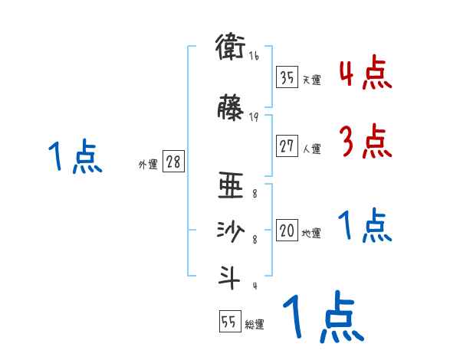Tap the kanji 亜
click(x=231, y=188)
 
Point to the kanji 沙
click(x=231, y=232)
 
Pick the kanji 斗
click(x=231, y=277)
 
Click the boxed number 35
click(x=287, y=77)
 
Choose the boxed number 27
click(x=287, y=145)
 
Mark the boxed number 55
click(x=229, y=322)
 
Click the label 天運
click(x=312, y=80)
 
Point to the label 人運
click(x=312, y=147)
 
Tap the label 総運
click(x=255, y=325)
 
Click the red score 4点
click(x=366, y=74)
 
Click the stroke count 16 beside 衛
click(x=254, y=56)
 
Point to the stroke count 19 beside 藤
click(x=254, y=117)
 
